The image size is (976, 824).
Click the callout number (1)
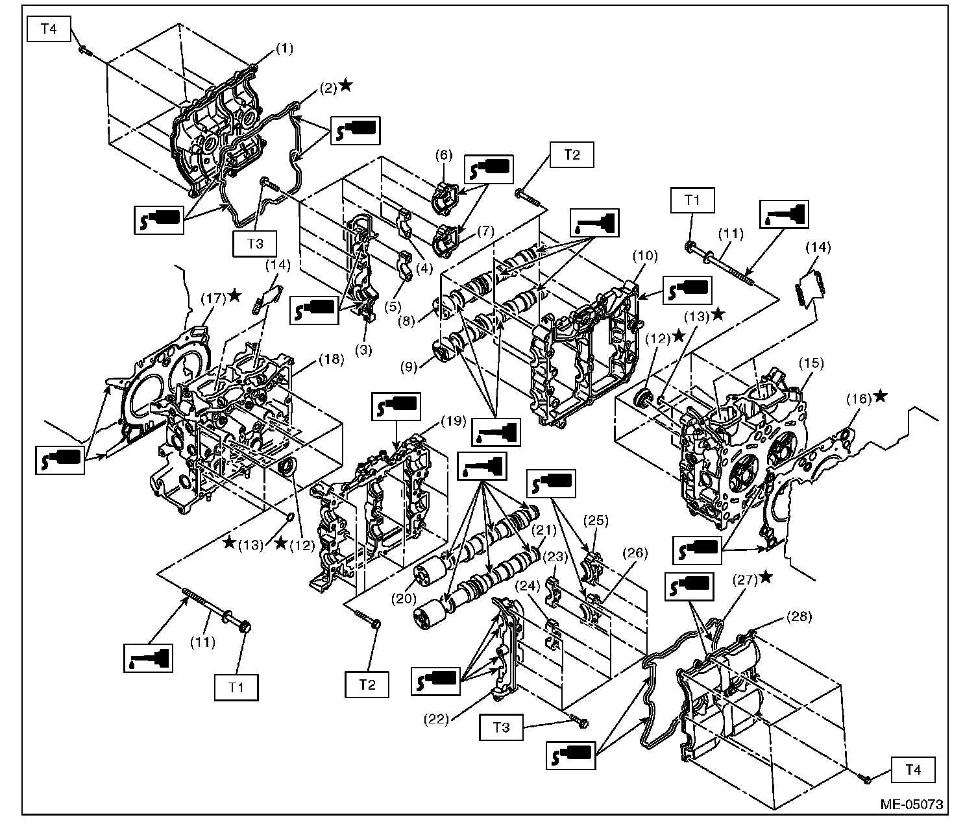pyautogui.click(x=285, y=49)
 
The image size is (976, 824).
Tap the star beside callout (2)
pyautogui.click(x=346, y=85)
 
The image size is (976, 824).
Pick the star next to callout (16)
pyautogui.click(x=880, y=396)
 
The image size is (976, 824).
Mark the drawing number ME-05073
pyautogui.click(x=912, y=805)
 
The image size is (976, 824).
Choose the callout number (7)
pyautogui.click(x=486, y=230)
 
